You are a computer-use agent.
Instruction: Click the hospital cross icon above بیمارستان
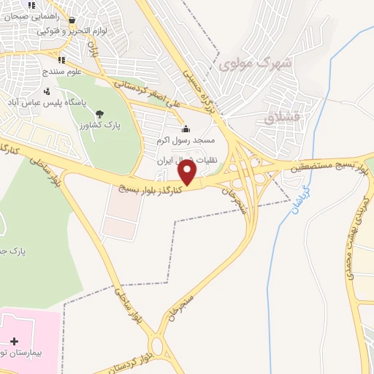click(x=14, y=340)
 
